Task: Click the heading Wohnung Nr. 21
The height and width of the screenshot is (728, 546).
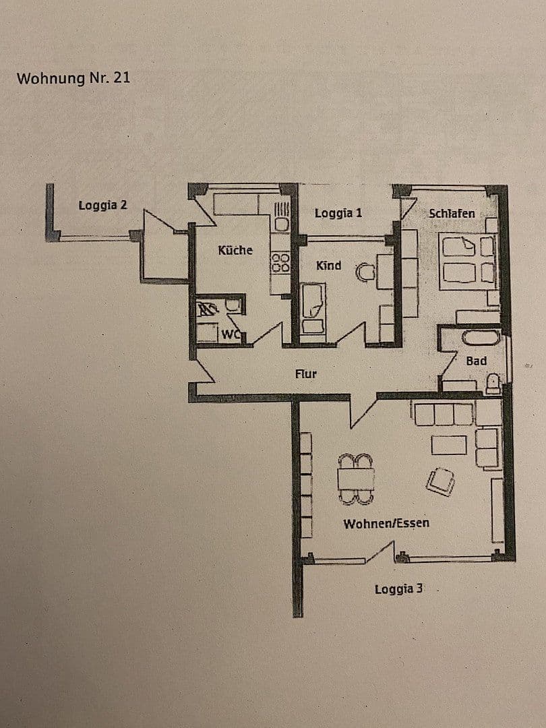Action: click(x=73, y=78)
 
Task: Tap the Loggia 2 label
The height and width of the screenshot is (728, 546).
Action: click(x=102, y=205)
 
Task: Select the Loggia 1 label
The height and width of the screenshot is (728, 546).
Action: click(x=338, y=213)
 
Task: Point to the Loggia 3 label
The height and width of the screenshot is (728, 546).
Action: click(x=399, y=589)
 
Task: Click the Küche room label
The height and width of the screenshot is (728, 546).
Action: click(x=235, y=250)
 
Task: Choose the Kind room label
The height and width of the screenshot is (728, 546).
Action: click(x=328, y=266)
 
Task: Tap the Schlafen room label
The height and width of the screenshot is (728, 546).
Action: click(x=452, y=213)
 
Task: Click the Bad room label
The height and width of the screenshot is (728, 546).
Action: click(x=476, y=361)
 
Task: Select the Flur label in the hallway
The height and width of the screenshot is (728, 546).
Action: click(x=305, y=373)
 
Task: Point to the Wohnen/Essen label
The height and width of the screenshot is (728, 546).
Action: click(x=386, y=523)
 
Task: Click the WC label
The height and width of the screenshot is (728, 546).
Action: click(x=231, y=333)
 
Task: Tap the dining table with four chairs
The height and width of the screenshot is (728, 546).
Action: click(x=355, y=479)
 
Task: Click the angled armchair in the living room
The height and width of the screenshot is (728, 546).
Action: click(x=440, y=481)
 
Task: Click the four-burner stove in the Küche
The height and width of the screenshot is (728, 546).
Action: click(x=280, y=262)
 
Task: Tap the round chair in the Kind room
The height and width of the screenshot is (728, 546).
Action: click(x=365, y=272)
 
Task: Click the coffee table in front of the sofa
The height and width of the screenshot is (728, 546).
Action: click(x=449, y=445)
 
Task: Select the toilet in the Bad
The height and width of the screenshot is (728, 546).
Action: click(x=493, y=384)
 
